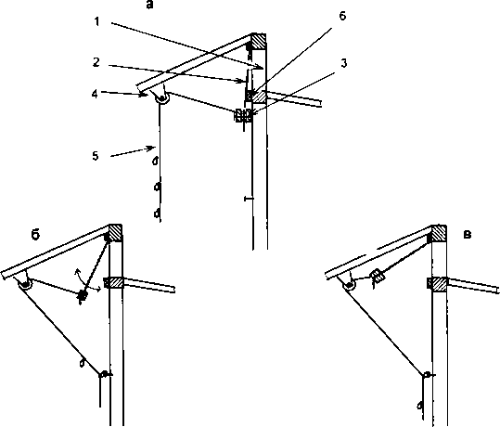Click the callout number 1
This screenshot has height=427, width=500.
(x=96, y=21)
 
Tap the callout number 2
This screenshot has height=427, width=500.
(x=96, y=62)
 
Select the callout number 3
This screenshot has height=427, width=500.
(x=343, y=63)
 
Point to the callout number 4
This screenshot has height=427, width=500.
(x=95, y=94)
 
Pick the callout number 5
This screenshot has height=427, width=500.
(x=96, y=156)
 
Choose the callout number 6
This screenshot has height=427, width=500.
(x=342, y=16)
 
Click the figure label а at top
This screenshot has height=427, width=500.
(x=149, y=5)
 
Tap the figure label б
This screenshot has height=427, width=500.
(x=35, y=235)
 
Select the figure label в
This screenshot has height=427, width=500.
(x=467, y=235)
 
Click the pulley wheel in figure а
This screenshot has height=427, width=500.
(x=162, y=98)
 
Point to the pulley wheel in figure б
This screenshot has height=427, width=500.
(x=25, y=284)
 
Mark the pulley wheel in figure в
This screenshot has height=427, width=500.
(x=350, y=284)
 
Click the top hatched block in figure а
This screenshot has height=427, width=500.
(x=259, y=41)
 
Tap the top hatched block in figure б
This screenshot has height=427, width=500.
(x=115, y=232)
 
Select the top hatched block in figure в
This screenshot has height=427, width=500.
(x=439, y=233)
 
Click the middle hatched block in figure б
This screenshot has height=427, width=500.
(x=114, y=283)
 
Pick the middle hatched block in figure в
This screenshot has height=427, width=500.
(x=438, y=284)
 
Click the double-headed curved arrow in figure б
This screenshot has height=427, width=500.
(x=86, y=281)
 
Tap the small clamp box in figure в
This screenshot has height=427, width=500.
(x=378, y=276)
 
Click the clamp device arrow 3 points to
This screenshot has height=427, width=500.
(x=243, y=115)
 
